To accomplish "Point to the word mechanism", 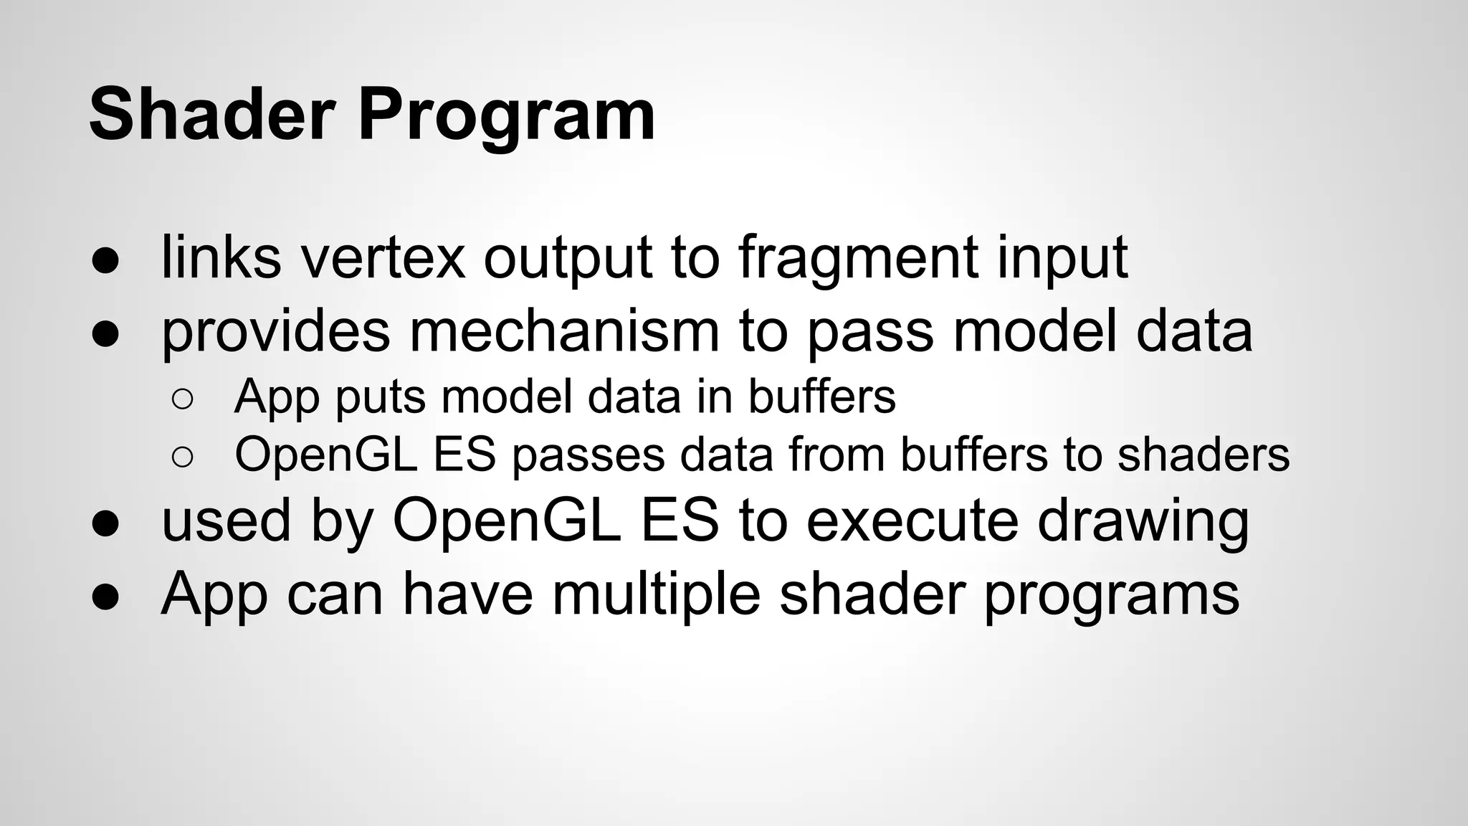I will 564,331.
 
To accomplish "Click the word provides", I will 275,333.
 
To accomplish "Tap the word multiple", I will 655,595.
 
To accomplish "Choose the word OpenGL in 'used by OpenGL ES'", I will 506,522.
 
